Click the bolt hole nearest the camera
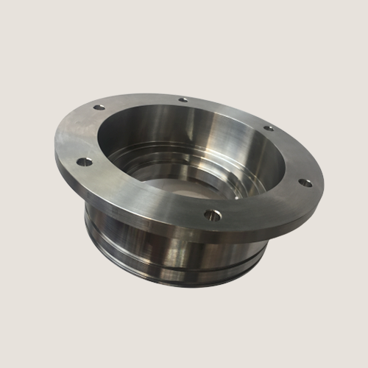click(213, 215)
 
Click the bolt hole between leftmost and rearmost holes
click(97, 110)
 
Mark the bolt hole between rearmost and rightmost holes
click(269, 128)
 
